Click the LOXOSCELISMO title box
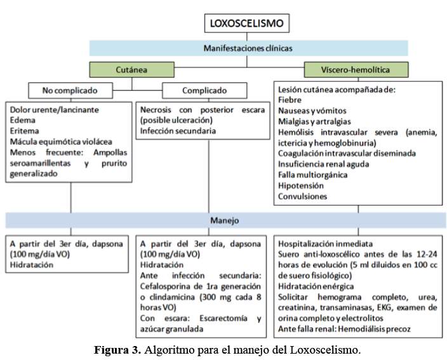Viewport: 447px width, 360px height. tap(247, 23)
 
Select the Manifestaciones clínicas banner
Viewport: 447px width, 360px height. tap(249, 48)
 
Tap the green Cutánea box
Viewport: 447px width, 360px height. tap(131, 70)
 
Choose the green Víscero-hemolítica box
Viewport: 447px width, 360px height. tap(356, 70)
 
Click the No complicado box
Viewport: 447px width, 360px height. tap(70, 90)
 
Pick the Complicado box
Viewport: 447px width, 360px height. tap(204, 90)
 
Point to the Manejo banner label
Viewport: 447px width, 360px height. tap(225, 220)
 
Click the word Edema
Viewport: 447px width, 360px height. tap(22, 120)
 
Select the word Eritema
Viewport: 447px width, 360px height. tap(25, 131)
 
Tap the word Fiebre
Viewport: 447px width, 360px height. tap(290, 100)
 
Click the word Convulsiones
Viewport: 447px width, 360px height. tap(302, 196)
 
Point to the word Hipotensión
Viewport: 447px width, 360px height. tap(301, 185)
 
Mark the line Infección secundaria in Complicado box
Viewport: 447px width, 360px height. tap(178, 131)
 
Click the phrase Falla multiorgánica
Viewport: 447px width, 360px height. tap(313, 175)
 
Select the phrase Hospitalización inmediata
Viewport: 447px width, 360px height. tap(325, 244)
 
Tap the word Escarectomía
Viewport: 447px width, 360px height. tap(223, 318)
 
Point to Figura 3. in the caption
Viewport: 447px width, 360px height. tap(117, 350)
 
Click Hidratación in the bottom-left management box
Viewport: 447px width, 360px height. tap(32, 265)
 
